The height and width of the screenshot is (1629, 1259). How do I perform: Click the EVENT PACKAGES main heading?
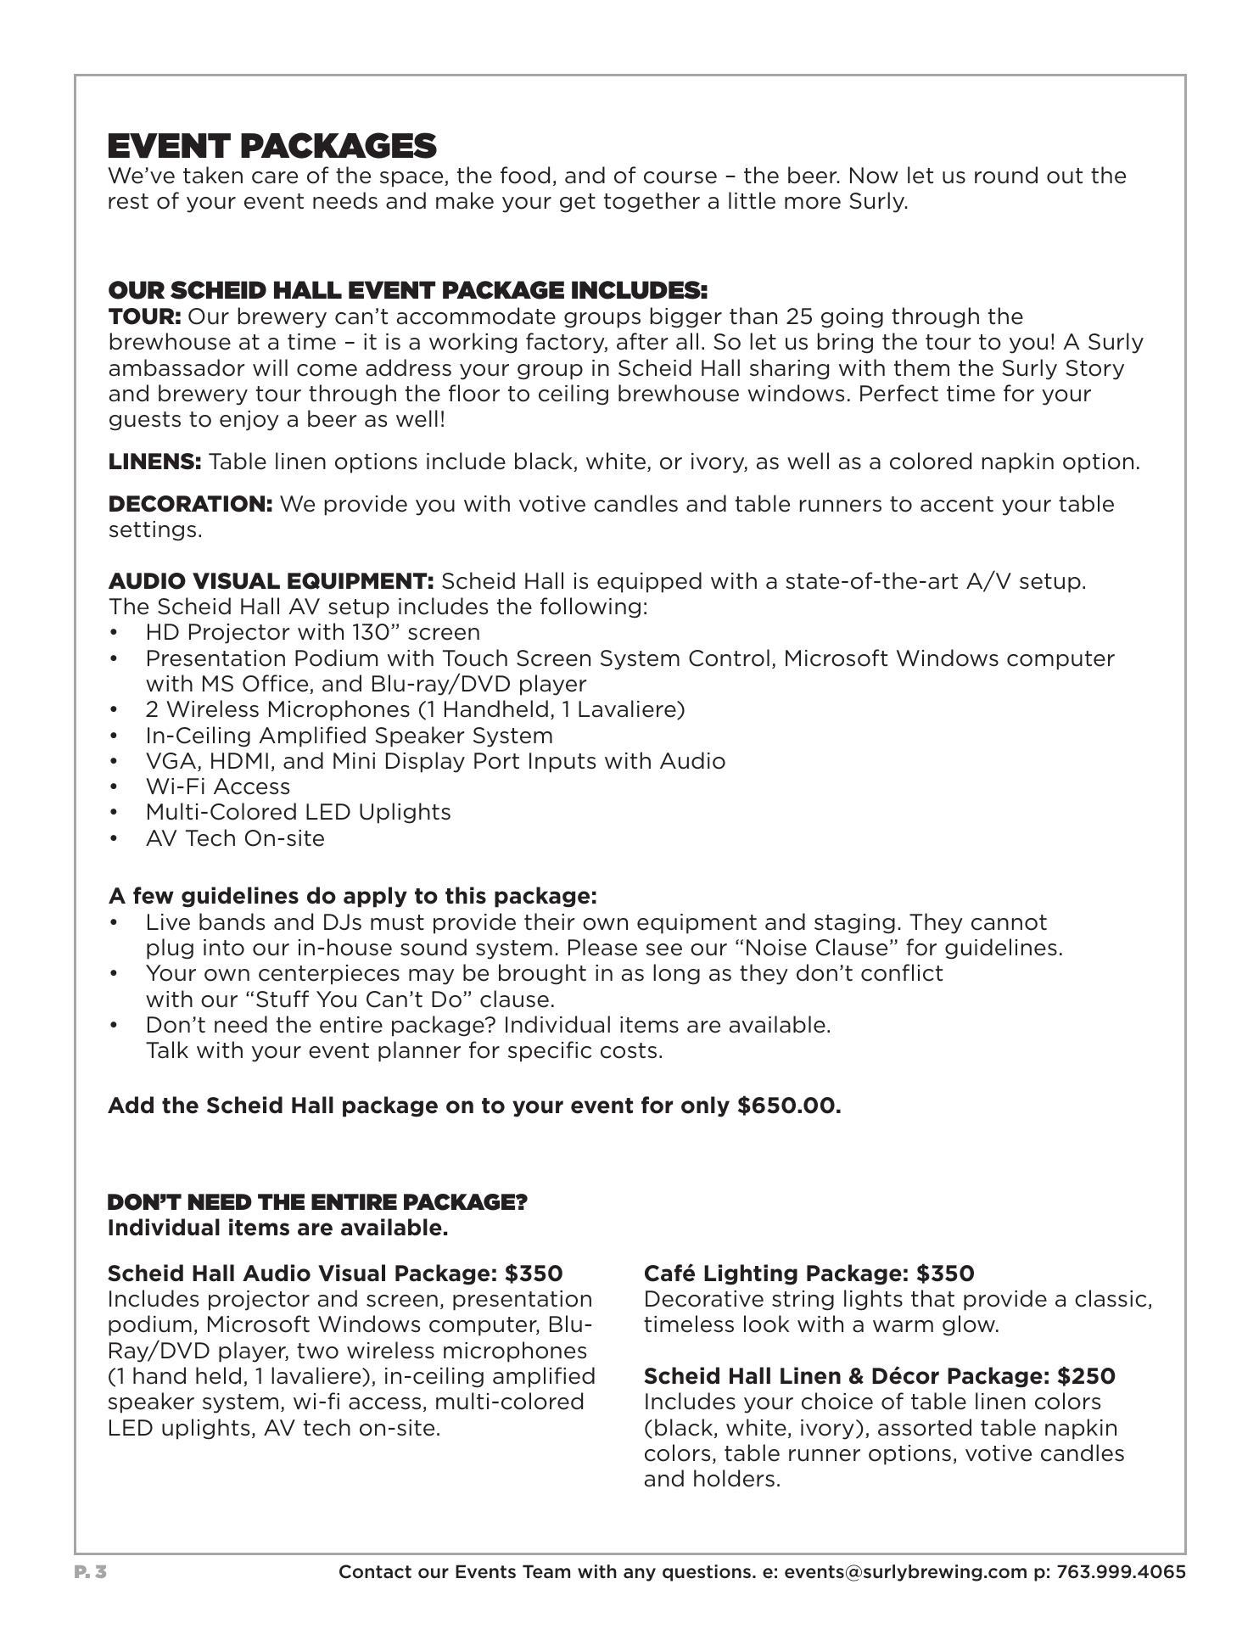(x=271, y=146)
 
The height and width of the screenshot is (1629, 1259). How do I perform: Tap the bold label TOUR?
(x=144, y=317)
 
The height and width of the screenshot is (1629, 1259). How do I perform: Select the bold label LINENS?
(x=154, y=462)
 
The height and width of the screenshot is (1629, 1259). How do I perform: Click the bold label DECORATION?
(x=190, y=505)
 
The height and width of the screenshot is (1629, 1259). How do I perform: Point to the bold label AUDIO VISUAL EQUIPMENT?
(x=271, y=582)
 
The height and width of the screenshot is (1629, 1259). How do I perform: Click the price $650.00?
(x=789, y=1106)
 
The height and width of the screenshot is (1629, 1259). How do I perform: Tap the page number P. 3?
(x=90, y=1572)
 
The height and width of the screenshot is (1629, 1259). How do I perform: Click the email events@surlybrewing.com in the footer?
(x=904, y=1572)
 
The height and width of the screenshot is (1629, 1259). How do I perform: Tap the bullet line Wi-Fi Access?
(x=217, y=787)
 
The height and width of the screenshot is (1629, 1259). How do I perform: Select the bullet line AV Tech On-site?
(x=235, y=838)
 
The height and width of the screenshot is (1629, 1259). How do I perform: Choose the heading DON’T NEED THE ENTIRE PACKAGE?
(x=317, y=1203)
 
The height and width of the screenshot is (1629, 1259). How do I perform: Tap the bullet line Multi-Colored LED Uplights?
(x=298, y=812)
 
